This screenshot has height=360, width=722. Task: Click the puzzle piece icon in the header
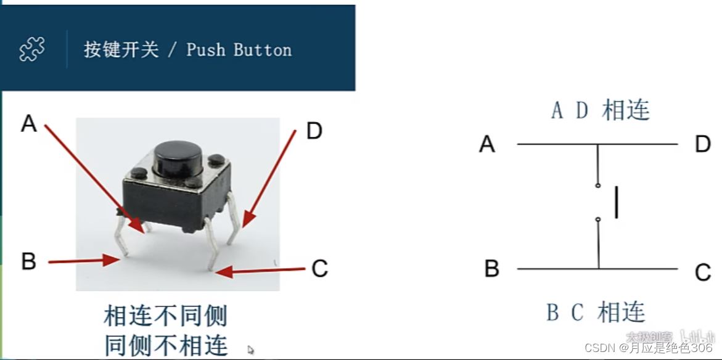tap(32, 49)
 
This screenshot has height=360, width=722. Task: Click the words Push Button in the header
tap(239, 50)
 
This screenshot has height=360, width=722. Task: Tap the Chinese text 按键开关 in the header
tap(121, 50)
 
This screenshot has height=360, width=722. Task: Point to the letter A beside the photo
tap(29, 125)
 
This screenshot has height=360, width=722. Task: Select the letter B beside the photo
tap(28, 261)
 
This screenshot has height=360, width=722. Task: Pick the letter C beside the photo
tap(319, 269)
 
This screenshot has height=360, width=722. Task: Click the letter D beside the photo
tap(314, 131)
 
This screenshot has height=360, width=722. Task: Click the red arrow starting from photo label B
tap(83, 261)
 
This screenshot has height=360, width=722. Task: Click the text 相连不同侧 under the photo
tap(166, 316)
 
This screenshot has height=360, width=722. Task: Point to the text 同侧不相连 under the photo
tap(166, 344)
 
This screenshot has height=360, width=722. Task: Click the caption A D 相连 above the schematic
tap(601, 110)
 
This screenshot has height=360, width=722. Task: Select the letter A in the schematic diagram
tap(487, 144)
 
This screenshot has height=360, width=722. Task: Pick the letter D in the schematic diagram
tap(703, 144)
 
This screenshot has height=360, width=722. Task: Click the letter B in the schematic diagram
tap(491, 269)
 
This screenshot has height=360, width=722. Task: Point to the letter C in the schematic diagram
tap(703, 272)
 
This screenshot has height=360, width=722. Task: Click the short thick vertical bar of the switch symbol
tap(616, 204)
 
